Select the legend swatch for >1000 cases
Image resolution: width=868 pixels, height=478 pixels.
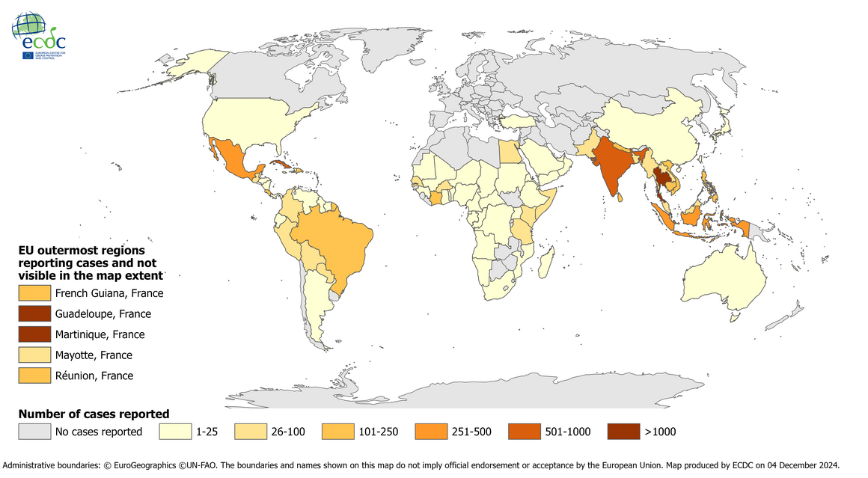pyautogui.click(x=623, y=432)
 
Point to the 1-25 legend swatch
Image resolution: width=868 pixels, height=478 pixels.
pyautogui.click(x=174, y=432)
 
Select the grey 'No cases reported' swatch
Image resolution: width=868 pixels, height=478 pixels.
pyautogui.click(x=33, y=432)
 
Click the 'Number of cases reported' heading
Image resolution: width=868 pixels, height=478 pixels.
pyautogui.click(x=94, y=414)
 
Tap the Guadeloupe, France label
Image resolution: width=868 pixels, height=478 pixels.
pyautogui.click(x=103, y=314)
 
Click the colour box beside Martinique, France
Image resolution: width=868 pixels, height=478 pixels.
pyautogui.click(x=33, y=334)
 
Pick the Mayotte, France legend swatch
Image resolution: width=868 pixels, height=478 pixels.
pyautogui.click(x=33, y=355)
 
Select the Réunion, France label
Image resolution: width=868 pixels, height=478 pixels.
pyautogui.click(x=94, y=376)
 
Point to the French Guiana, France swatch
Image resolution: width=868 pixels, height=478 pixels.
pyautogui.click(x=33, y=293)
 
